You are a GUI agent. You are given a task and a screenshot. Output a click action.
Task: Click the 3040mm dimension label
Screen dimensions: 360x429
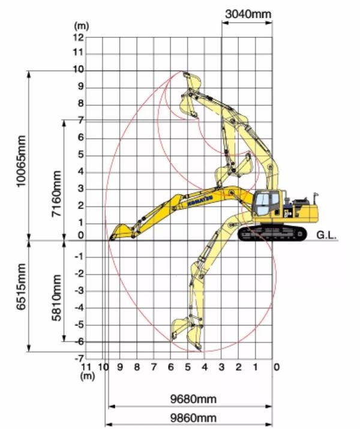coord(248,14)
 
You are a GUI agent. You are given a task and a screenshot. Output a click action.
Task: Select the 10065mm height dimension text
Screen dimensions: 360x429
coord(21,161)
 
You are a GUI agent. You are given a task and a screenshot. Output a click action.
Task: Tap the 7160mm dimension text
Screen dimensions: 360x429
coord(56,193)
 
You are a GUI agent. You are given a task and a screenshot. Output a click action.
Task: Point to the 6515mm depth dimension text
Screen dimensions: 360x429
coord(21,286)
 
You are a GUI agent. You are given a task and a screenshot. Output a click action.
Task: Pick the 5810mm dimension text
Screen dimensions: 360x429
coord(56,298)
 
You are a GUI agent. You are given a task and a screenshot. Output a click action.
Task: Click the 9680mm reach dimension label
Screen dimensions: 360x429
coord(193,399)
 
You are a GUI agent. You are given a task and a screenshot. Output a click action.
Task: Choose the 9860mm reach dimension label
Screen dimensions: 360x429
coord(193,418)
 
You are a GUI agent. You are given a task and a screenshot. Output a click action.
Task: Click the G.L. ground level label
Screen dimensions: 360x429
coord(326,235)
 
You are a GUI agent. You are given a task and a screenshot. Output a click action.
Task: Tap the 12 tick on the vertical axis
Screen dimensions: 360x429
coord(78,37)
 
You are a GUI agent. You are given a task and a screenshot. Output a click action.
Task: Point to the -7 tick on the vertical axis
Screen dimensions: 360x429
coord(79,358)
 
